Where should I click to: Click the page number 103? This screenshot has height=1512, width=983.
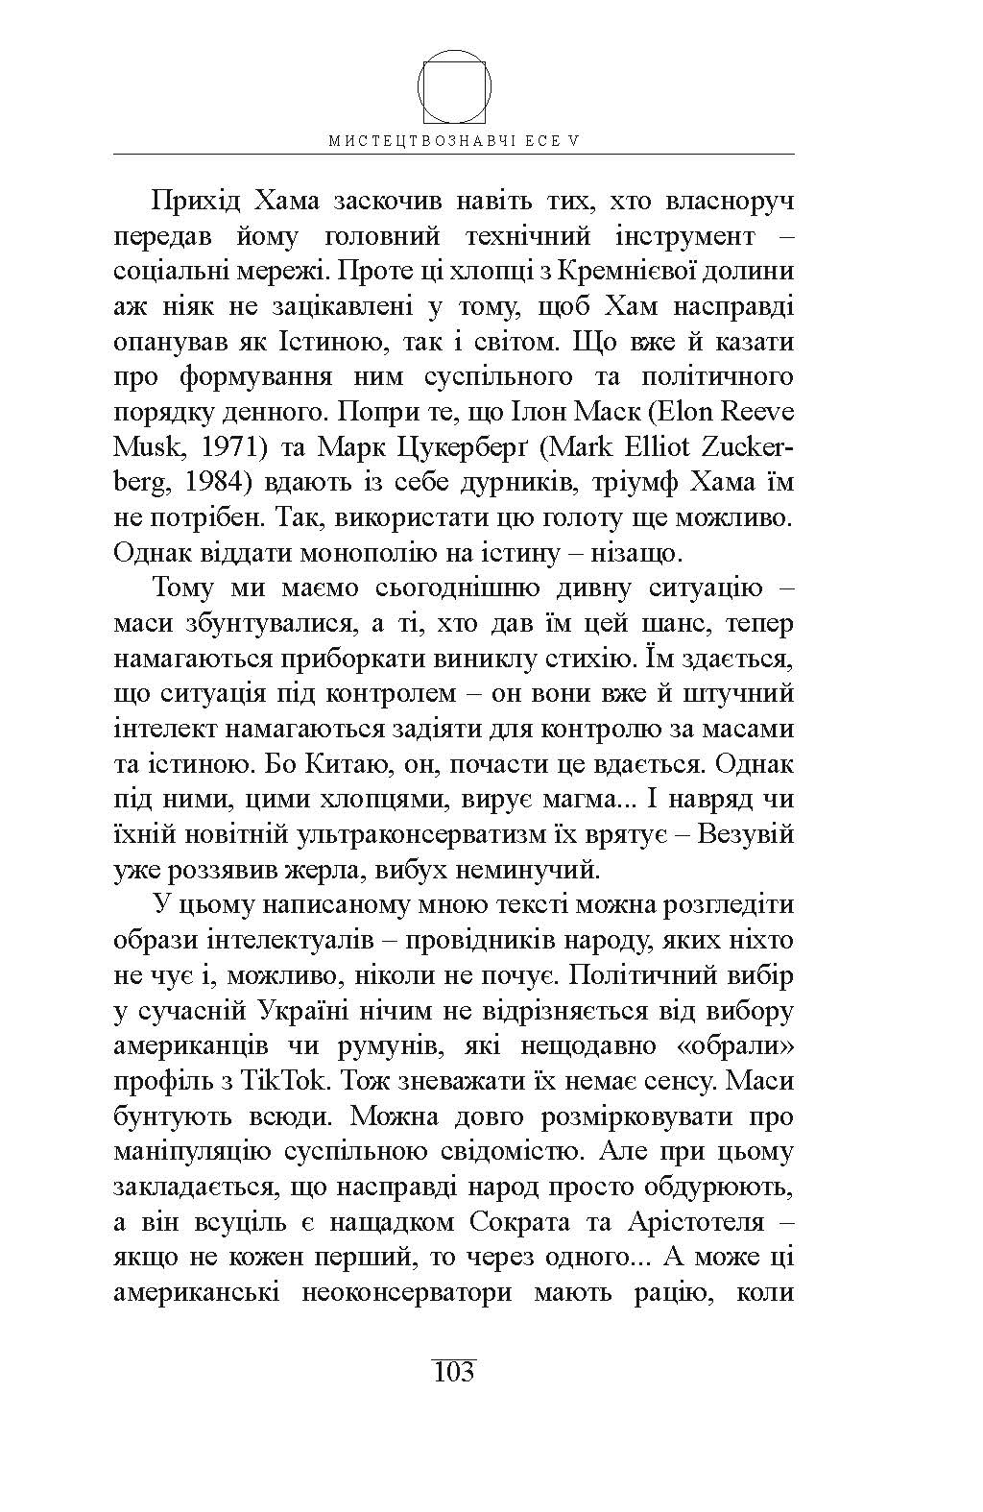point(454,1370)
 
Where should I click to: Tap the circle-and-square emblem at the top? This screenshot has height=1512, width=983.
point(454,85)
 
